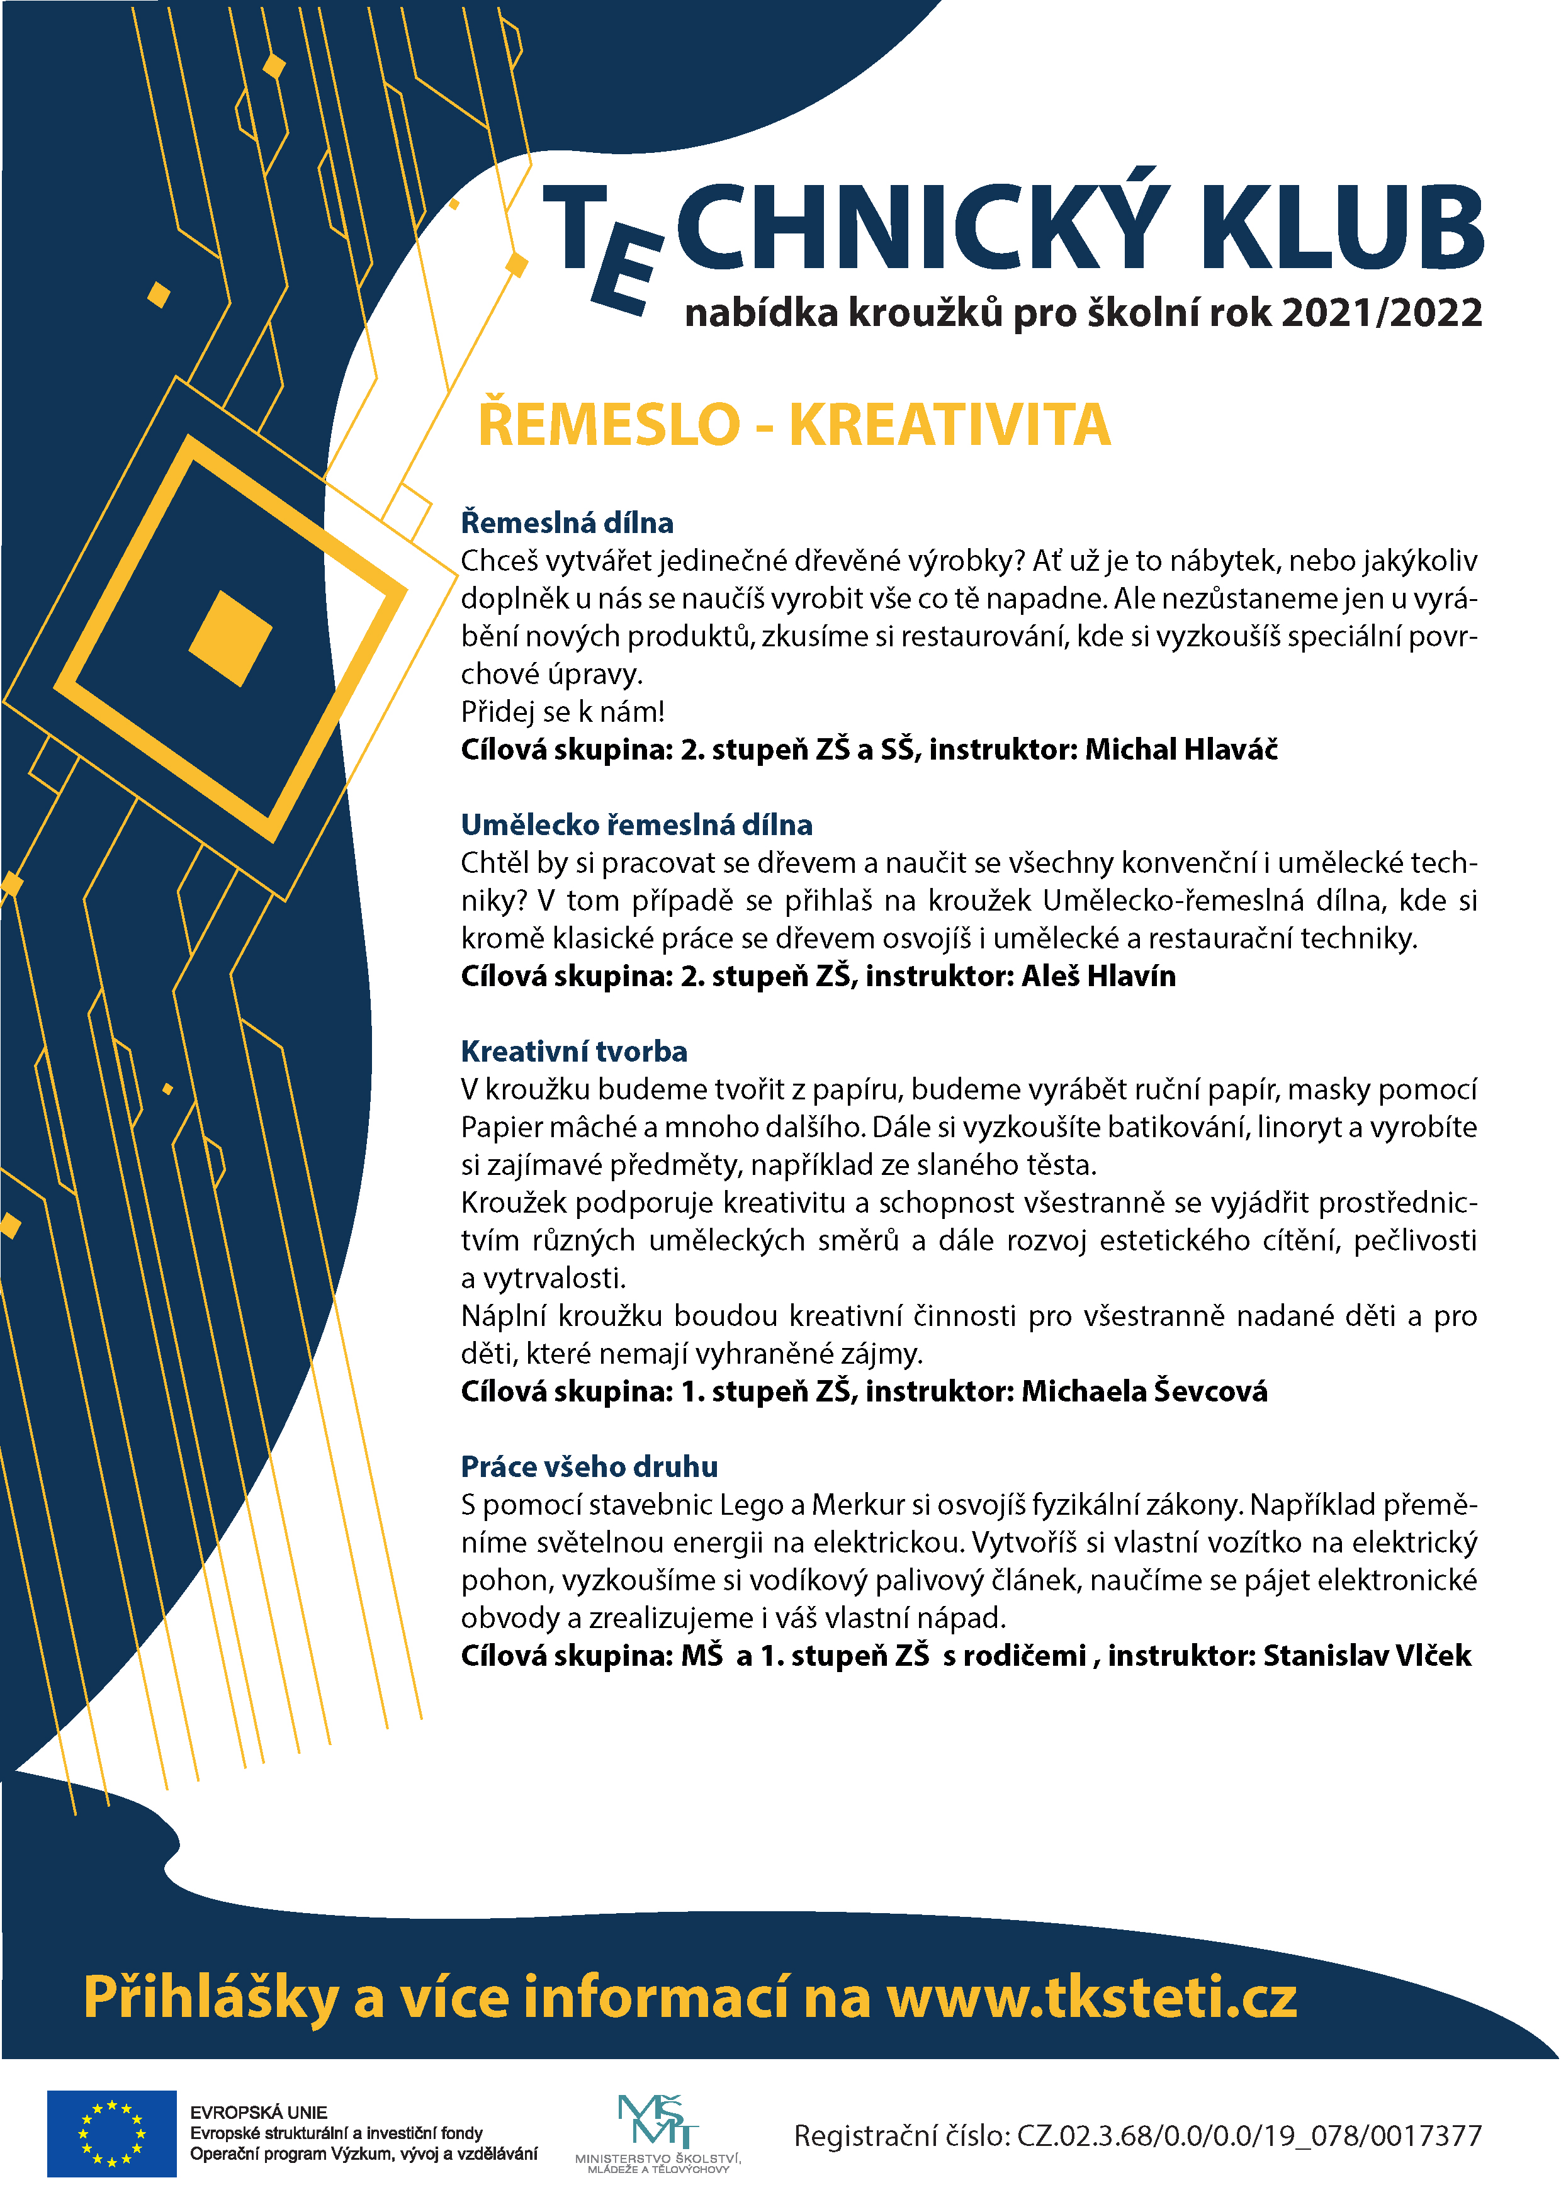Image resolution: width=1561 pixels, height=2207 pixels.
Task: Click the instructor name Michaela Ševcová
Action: point(1144,1391)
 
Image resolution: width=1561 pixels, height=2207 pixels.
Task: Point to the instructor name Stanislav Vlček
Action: point(1367,1655)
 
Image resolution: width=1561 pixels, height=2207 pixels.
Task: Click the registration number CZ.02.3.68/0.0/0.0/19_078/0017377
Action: point(1249,2136)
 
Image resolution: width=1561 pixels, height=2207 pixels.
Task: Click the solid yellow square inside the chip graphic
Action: point(231,638)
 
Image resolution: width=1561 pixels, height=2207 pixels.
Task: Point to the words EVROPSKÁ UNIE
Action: point(259,2113)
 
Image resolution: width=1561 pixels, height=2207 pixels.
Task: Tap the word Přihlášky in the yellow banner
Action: point(210,1996)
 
